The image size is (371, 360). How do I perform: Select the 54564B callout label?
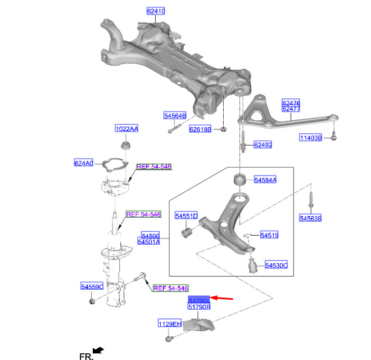coord(175,116)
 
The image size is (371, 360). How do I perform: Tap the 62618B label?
coord(200,129)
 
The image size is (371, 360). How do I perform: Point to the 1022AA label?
coord(126,128)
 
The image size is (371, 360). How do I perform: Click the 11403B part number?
coord(310,138)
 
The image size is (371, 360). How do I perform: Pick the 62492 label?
coord(263,145)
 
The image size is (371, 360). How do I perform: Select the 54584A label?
coord(265,180)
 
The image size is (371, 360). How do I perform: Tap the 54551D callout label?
coord(186,216)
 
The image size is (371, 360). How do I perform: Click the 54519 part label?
coord(269,235)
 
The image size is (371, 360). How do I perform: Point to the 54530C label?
coord(276,264)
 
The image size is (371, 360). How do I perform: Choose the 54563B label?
coord(310,218)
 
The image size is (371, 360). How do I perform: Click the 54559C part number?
coord(92,287)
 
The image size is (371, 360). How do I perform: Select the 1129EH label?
coord(169,323)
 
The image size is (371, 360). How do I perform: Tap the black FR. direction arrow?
coord(99,350)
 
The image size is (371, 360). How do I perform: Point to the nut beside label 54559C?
coord(94,303)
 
